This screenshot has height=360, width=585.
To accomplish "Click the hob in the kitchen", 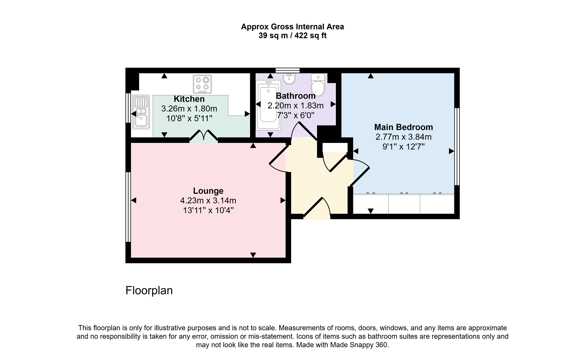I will point(202,84).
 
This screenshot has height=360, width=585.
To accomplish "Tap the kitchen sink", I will point(141,112).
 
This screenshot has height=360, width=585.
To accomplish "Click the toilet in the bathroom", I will point(318,85).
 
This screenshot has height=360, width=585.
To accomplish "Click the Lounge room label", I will point(208,191).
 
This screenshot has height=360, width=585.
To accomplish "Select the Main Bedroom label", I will point(403,127).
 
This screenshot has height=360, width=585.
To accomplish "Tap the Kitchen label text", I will point(189,99).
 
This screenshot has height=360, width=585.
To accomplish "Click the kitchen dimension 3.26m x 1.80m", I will point(189,109).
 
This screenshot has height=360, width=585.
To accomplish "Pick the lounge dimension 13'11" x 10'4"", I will point(208,210).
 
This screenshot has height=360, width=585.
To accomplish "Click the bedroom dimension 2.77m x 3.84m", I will point(403,137).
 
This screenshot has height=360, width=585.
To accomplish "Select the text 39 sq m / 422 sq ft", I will point(292,36).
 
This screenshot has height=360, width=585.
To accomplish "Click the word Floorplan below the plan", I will point(149,290).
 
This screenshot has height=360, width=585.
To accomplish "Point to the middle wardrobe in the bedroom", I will point(404,204).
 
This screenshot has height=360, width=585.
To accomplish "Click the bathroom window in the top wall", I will point(288,70).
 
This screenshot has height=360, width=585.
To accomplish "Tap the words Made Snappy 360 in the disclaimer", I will point(359,345).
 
